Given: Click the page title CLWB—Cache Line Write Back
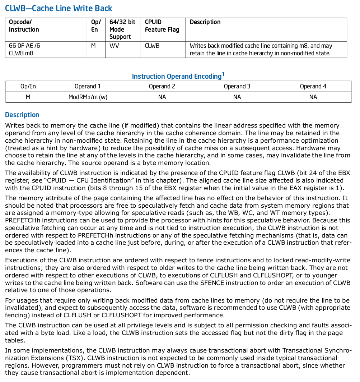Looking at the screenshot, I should coord(59,8).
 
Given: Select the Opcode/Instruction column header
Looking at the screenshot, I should coord(24,26).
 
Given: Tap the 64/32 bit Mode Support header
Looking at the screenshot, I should coord(122,29).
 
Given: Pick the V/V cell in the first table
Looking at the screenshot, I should coord(114,46).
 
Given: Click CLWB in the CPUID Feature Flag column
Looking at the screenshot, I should coord(152,46).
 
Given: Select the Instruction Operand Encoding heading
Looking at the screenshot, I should coord(177,76).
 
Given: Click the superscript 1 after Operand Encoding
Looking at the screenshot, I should coord(223,74).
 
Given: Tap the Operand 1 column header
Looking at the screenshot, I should coord(88,86).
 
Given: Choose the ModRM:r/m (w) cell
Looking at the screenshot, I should coord(88,97).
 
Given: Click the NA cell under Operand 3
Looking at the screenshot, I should coord(237,97).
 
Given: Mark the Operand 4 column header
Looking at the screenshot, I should coord(313,86).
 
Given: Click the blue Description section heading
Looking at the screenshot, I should coord(22,115).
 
